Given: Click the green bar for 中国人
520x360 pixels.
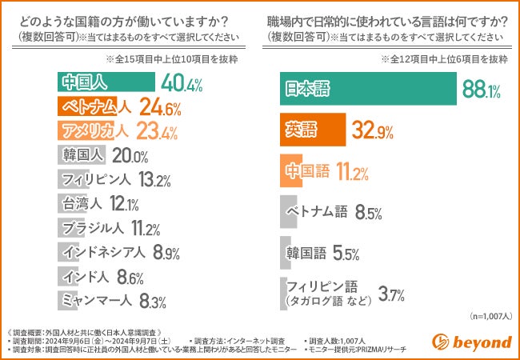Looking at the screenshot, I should [107, 82].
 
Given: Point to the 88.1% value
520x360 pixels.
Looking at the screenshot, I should [480, 90].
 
